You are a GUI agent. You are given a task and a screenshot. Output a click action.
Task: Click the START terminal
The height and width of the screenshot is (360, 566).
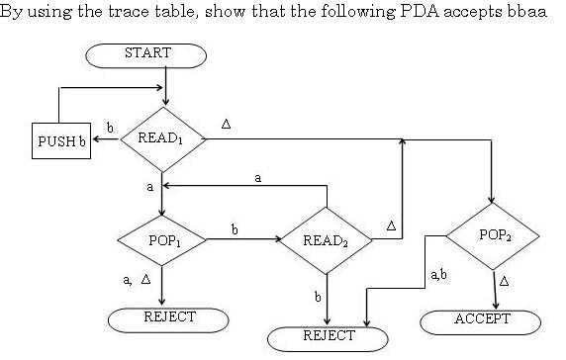[146, 53]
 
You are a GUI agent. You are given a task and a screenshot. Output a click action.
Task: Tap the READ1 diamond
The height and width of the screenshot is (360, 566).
[162, 139]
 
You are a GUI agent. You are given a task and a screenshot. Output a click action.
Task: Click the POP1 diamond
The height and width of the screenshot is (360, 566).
[162, 240]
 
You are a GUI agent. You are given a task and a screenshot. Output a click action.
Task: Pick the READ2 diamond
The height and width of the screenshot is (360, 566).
[326, 240]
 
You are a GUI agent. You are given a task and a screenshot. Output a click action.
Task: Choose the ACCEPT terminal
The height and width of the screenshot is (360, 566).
[481, 320]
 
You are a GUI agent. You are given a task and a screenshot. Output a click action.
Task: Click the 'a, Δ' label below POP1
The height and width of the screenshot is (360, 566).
[137, 281]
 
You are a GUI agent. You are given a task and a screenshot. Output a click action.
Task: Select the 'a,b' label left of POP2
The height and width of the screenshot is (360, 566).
[439, 274]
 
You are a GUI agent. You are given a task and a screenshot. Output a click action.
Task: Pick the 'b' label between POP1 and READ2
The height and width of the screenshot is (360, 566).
[235, 228]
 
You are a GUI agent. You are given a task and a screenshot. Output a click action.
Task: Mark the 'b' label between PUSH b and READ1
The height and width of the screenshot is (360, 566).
[109, 128]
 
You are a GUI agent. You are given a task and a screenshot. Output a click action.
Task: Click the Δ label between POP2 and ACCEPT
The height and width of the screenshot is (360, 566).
[504, 282]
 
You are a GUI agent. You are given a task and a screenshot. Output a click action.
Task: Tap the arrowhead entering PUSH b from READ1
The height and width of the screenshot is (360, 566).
[99, 140]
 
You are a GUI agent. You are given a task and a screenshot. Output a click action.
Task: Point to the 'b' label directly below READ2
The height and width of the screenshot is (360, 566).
[317, 296]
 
